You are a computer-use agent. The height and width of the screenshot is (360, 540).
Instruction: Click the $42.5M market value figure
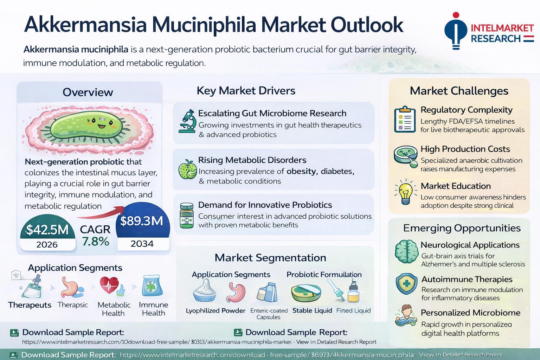[47, 230]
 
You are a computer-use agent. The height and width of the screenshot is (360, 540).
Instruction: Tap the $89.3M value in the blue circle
[142, 221]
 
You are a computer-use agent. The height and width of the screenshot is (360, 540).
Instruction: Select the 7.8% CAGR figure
[96, 242]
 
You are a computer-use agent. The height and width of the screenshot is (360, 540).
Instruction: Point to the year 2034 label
[142, 244]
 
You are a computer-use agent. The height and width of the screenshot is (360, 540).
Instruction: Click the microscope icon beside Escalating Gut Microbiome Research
[187, 121]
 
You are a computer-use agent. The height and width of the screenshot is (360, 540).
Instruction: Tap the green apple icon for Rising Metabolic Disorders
[187, 169]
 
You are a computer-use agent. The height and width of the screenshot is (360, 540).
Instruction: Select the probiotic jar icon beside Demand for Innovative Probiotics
[187, 216]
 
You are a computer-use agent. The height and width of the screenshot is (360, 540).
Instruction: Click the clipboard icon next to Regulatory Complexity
[405, 119]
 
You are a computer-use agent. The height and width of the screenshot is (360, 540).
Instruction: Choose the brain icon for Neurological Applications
[406, 251]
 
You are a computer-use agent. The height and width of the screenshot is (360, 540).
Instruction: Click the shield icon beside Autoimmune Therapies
[406, 284]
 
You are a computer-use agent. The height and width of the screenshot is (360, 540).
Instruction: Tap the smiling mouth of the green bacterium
[102, 126]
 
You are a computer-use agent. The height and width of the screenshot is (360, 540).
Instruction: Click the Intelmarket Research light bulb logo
[456, 31]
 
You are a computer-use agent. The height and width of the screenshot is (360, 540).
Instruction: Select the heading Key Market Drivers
[246, 91]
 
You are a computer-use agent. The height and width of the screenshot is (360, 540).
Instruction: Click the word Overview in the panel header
[88, 92]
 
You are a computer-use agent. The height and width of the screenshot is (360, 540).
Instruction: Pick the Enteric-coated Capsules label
[269, 314]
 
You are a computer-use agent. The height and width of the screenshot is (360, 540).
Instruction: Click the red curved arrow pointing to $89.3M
[101, 214]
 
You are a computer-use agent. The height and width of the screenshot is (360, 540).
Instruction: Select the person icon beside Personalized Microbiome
[406, 315]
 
